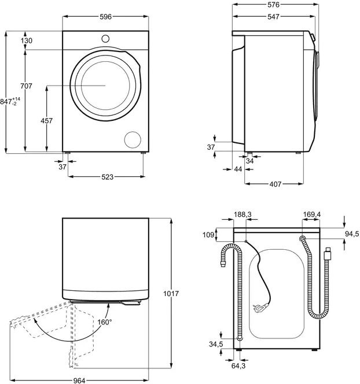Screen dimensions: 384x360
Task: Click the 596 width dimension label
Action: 105,17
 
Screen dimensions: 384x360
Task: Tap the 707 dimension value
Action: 26,86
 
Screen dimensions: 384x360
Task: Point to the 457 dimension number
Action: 46,121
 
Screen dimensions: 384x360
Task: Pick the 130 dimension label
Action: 26,40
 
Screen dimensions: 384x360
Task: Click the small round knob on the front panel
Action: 105,38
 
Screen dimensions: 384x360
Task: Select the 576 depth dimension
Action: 274,5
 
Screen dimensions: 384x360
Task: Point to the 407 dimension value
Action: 275,184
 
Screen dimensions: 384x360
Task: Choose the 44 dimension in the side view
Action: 238,169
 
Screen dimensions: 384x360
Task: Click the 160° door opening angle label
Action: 104,322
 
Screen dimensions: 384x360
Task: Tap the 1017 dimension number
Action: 172,294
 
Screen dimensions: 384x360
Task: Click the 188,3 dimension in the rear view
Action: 243,215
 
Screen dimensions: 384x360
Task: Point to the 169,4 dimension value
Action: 311,215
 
